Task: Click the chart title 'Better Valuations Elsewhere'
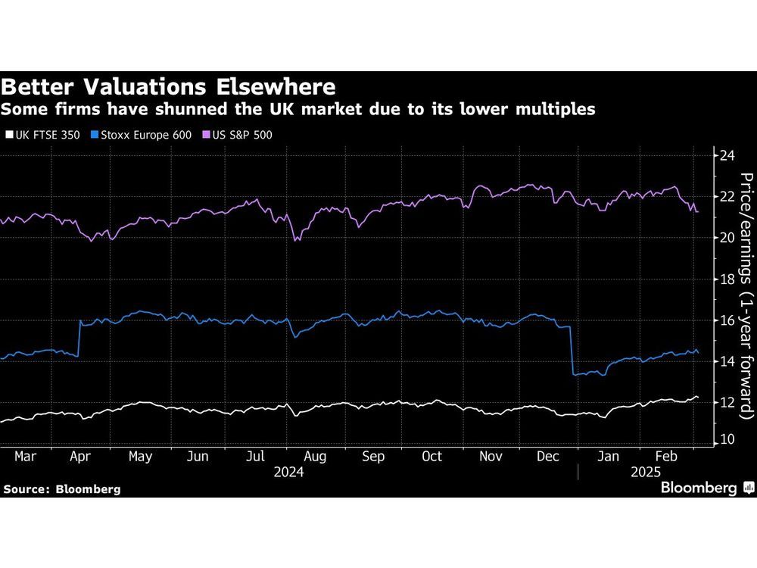pos(168,85)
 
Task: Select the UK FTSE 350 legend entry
pos(43,135)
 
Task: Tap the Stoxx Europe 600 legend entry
pos(137,135)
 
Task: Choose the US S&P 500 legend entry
pos(234,135)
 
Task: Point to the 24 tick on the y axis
pos(727,155)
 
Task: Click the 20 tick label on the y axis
pos(727,238)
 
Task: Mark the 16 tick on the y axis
pos(727,320)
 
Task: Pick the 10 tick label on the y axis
pos(727,439)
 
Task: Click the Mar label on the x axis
pos(25,457)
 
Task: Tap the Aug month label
pos(315,457)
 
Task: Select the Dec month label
pos(548,457)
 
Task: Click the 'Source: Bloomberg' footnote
pos(61,489)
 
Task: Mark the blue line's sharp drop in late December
pos(572,350)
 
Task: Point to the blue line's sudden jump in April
pos(79,338)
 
